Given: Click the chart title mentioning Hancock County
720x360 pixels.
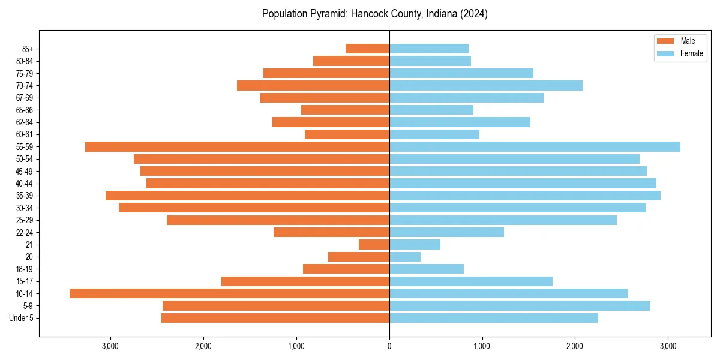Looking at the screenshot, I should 374,14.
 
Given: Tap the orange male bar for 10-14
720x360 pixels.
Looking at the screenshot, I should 229,293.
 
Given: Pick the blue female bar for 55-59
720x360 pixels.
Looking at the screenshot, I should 535,146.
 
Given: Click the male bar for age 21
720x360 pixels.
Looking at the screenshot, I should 374,244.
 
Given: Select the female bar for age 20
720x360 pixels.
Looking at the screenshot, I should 405,257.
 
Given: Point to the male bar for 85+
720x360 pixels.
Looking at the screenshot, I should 367,49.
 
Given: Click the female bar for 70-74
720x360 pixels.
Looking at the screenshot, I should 486,85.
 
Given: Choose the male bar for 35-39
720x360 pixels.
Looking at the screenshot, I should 247,196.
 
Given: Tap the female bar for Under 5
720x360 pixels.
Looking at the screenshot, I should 494,318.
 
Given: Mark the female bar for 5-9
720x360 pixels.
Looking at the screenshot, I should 520,305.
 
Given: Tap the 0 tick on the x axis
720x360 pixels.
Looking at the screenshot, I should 389,346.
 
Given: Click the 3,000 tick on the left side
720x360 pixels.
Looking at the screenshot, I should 110,346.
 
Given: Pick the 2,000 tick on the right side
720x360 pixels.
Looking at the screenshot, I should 575,346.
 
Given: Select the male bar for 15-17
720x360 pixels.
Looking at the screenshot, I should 305,281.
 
